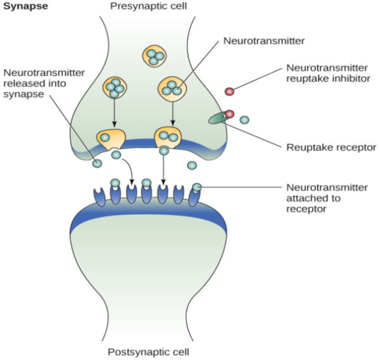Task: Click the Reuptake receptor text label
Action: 331,147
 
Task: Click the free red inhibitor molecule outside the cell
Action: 229,91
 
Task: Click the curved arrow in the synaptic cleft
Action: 131,171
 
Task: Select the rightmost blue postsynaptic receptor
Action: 195,197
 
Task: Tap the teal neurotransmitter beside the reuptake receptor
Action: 244,120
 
